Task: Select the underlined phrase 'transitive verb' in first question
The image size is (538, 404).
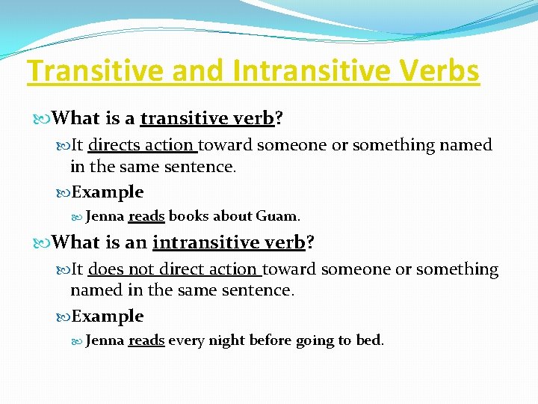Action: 207,118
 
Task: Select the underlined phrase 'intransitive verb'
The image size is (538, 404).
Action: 229,242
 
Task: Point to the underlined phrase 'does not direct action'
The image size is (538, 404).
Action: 174,269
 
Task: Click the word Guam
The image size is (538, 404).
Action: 276,217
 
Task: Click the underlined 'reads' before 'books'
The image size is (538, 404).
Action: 146,217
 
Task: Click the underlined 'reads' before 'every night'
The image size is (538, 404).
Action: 146,341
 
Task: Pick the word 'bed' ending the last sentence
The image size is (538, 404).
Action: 368,341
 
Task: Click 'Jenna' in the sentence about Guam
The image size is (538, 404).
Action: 105,217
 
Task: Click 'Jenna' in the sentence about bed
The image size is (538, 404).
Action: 105,341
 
